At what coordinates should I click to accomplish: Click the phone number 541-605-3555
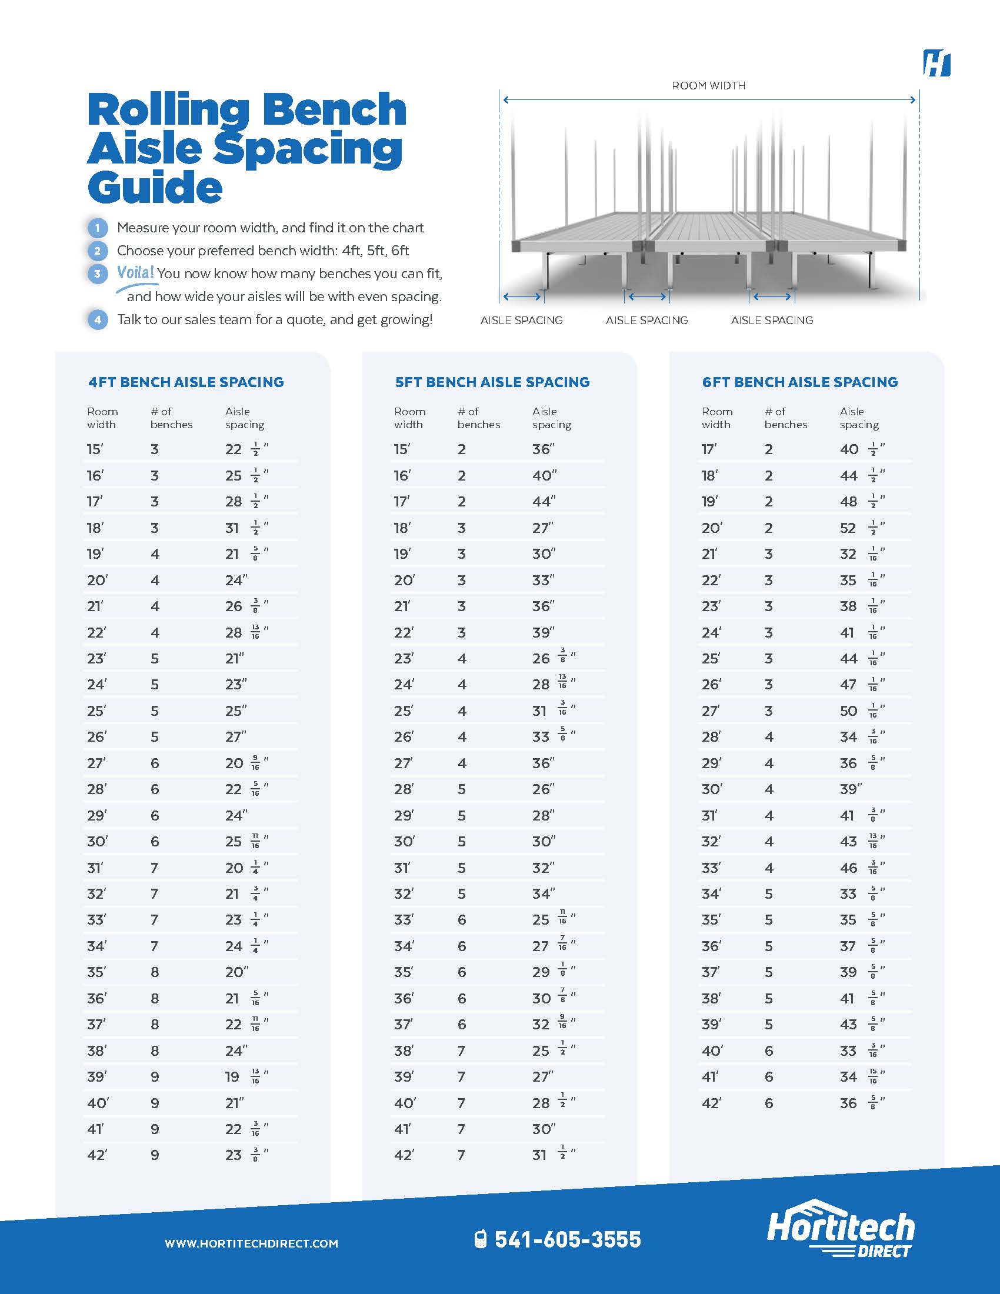pyautogui.click(x=568, y=1239)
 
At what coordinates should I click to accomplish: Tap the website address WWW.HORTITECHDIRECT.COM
pyautogui.click(x=251, y=1243)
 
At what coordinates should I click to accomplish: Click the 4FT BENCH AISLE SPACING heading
pyautogui.click(x=186, y=382)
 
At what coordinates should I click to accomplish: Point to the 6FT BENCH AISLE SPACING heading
pyautogui.click(x=800, y=382)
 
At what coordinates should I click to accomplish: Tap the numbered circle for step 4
pyautogui.click(x=98, y=320)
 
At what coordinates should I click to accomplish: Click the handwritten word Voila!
pyautogui.click(x=136, y=272)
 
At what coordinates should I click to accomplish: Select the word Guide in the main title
pyautogui.click(x=155, y=187)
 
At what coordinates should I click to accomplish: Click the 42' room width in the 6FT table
pyautogui.click(x=711, y=1103)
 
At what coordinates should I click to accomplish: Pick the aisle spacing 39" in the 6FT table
pyautogui.click(x=851, y=789)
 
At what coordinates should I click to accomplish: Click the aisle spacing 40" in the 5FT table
pyautogui.click(x=545, y=476)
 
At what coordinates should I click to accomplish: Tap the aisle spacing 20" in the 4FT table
pyautogui.click(x=236, y=972)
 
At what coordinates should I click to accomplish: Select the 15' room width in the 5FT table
pyautogui.click(x=402, y=450)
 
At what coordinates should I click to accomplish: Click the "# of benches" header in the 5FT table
pyautogui.click(x=479, y=418)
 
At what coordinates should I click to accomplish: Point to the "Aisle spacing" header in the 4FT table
pyautogui.click(x=244, y=418)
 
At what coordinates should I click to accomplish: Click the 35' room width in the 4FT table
pyautogui.click(x=96, y=972)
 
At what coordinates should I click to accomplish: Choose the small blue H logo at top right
pyautogui.click(x=936, y=64)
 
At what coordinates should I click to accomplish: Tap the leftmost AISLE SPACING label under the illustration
pyautogui.click(x=521, y=321)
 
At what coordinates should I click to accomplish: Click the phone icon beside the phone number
pyautogui.click(x=481, y=1239)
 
